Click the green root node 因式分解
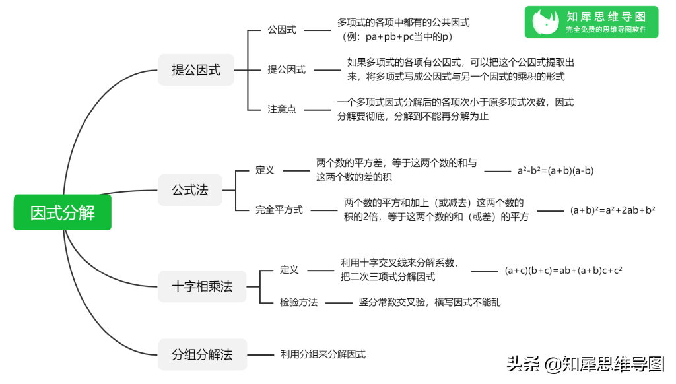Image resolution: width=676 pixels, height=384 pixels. pos(63,212)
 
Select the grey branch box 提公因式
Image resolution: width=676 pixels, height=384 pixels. pos(196,70)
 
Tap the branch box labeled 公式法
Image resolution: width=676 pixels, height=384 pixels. pos(190,189)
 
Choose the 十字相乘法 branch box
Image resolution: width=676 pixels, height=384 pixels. pos(202,286)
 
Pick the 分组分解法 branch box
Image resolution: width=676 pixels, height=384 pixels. pos(202,354)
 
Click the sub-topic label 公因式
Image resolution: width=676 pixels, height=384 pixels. pos(281,30)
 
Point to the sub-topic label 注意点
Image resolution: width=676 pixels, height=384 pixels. pos(281,109)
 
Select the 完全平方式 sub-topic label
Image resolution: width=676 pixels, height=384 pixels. pos(279,210)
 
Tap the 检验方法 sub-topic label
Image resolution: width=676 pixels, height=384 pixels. pos(298,302)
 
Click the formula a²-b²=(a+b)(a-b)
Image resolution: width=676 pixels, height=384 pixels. pos(555,171)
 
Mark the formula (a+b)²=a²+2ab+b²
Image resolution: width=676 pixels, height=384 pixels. pos(613,210)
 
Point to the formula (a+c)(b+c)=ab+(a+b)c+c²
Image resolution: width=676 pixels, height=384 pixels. pos(564,271)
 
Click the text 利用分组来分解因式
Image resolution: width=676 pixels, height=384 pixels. pos(323,354)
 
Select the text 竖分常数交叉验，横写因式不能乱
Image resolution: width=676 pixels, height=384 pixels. pos(430,302)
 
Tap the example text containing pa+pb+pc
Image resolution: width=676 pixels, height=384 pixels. pos(397,37)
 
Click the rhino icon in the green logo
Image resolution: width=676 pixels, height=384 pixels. pos(545,22)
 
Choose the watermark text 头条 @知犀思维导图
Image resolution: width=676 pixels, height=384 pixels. pos(585,364)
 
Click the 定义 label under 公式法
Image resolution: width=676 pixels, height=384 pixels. pos(265,170)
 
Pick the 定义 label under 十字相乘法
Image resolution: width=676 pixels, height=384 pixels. pos(289,270)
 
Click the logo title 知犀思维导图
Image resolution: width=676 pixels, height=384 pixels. pos(606,16)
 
